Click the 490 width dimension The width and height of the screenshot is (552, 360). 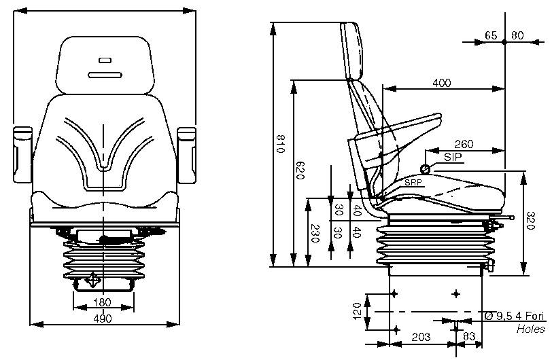(102, 317)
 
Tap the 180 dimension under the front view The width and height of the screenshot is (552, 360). (102, 302)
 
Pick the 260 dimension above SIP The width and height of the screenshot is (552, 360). (464, 145)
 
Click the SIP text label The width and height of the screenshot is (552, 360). (451, 156)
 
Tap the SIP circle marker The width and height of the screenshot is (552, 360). (425, 168)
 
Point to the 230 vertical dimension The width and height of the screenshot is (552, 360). (314, 233)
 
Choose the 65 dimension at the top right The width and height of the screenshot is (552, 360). (491, 35)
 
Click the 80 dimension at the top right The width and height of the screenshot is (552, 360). (517, 35)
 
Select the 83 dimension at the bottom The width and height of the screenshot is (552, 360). (468, 337)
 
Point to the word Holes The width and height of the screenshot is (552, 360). (530, 329)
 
